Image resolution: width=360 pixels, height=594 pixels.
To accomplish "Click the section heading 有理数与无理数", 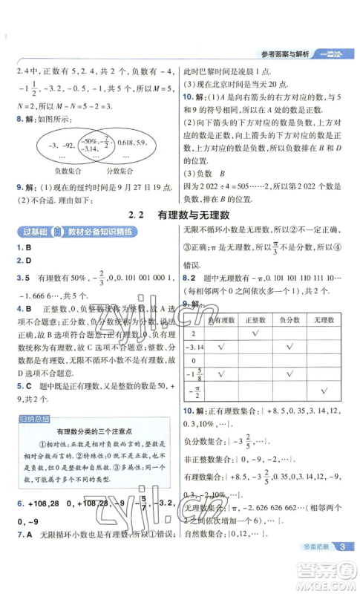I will pos(193,215).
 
